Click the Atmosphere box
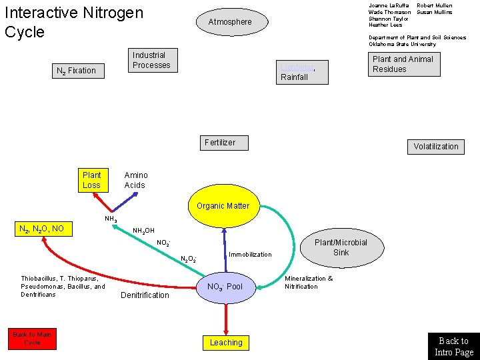(230, 22)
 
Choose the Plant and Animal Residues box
(403, 64)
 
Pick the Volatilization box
(435, 147)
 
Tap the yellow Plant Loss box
(92, 180)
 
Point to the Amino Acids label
(136, 180)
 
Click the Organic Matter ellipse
(223, 206)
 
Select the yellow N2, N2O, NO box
(43, 229)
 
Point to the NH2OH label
(143, 231)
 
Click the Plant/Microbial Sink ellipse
(341, 247)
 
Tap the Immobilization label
(250, 255)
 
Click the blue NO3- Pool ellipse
(225, 287)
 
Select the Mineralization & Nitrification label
(309, 283)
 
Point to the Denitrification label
(145, 295)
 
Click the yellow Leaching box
(225, 343)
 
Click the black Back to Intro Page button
(453, 346)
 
